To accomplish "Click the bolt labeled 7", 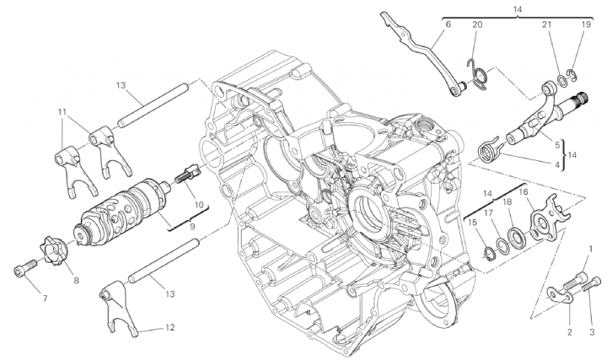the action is [x=24, y=269].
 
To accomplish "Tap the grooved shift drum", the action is [x=121, y=209].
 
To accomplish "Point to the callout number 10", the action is [x=199, y=205].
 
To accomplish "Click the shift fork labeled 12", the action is [x=121, y=309].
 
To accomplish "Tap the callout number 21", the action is [x=547, y=24].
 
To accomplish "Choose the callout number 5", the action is [x=557, y=146].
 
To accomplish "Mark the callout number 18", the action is [x=507, y=201].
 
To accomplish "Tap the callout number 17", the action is [x=489, y=213].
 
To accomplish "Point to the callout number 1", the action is [x=591, y=249].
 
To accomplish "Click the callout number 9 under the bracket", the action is [x=192, y=227].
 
